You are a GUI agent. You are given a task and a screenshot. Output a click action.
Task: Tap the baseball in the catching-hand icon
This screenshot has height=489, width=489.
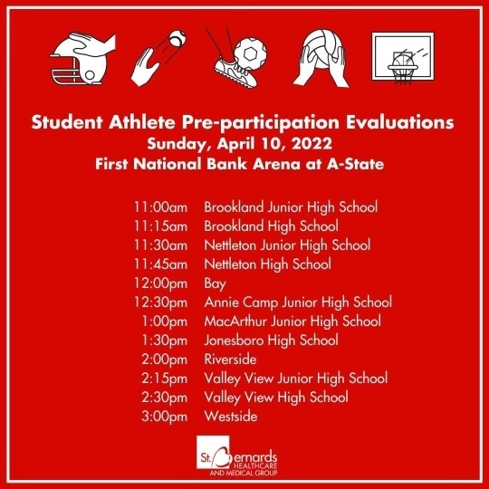point(177,38)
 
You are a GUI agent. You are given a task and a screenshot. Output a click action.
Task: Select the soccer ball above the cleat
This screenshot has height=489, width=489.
point(250,53)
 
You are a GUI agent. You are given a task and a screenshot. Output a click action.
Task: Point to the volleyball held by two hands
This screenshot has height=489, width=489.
point(322,48)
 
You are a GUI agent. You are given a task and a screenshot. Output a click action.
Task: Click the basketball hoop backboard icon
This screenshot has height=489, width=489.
point(403,57)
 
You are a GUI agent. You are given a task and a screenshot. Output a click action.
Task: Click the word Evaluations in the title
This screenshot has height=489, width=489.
point(400,122)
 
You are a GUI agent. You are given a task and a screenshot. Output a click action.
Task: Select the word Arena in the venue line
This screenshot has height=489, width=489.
point(276,164)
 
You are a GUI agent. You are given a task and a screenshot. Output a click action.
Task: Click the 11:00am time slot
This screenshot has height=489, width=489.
point(160,207)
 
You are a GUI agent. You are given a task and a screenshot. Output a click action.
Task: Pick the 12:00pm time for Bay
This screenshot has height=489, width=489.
point(160,283)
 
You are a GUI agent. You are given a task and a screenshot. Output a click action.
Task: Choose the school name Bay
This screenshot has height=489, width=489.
point(215,284)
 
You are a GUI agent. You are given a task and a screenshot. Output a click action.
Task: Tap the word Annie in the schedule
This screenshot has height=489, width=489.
point(222,302)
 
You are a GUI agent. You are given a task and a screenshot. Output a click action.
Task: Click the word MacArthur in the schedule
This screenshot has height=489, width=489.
point(235,321)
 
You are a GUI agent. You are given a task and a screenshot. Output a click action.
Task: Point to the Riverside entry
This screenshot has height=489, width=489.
point(230,360)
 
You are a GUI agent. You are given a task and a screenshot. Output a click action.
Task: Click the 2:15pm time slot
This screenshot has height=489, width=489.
point(164,379)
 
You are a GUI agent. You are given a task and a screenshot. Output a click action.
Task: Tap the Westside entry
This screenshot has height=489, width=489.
point(231,417)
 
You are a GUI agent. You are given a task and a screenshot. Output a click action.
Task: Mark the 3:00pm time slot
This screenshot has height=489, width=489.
point(164,417)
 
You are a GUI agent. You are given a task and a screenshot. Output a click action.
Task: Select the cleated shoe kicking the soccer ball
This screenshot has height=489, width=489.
point(235,73)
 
